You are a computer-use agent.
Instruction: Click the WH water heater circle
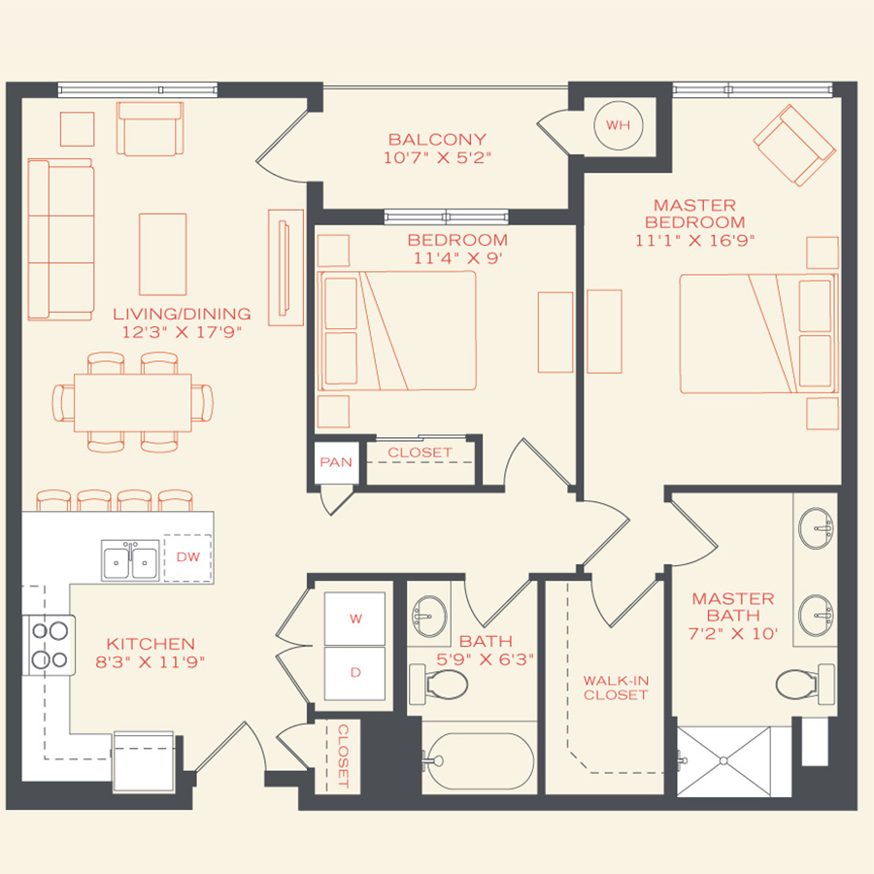pyautogui.click(x=618, y=125)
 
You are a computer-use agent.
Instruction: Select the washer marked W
pyautogui.click(x=354, y=618)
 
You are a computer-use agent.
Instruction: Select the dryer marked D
pyautogui.click(x=354, y=673)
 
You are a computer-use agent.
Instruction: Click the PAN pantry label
pyautogui.click(x=336, y=463)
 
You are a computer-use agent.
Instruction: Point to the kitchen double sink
pyautogui.click(x=130, y=560)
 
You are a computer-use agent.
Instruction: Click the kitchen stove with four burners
pyautogui.click(x=49, y=646)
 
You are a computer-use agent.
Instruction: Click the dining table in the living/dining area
pyautogui.click(x=132, y=402)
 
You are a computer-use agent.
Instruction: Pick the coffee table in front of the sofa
pyautogui.click(x=162, y=254)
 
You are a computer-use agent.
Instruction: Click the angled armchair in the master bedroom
pyautogui.click(x=794, y=146)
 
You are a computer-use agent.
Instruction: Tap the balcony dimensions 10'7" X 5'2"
pyautogui.click(x=437, y=158)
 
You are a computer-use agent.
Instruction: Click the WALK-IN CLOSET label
pyautogui.click(x=615, y=688)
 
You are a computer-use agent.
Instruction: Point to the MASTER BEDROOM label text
pyautogui.click(x=694, y=214)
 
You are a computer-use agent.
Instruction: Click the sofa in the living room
pyautogui.click(x=60, y=240)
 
